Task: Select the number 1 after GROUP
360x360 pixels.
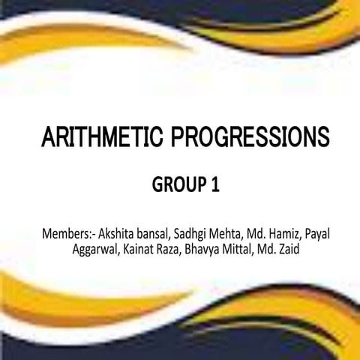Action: [214, 184]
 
